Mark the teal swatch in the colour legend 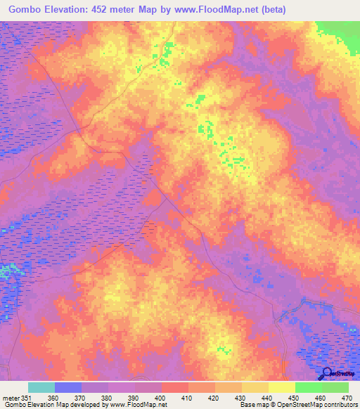41,387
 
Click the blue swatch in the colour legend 67,387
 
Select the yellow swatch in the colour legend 281,387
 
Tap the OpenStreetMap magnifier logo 326,373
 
